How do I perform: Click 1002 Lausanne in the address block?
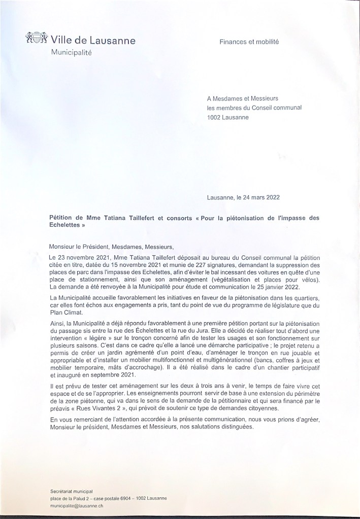point(228,117)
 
